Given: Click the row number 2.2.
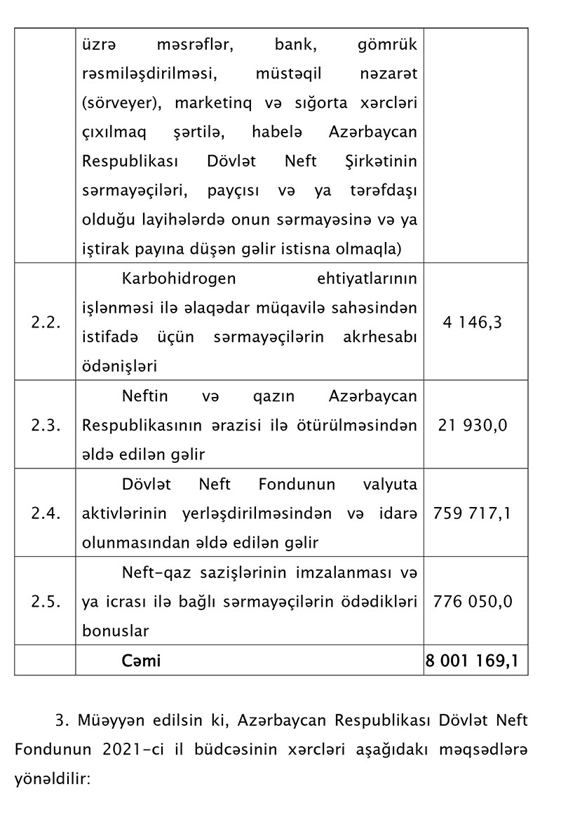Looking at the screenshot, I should [45, 323].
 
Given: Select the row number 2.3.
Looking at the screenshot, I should [45, 425].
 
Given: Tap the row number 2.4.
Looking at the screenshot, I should [45, 513].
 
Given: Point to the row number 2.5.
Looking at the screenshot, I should [45, 601].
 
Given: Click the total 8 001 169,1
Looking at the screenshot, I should [475, 661].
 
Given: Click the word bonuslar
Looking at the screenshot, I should [115, 630].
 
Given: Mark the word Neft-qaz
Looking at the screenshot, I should [149, 572].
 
